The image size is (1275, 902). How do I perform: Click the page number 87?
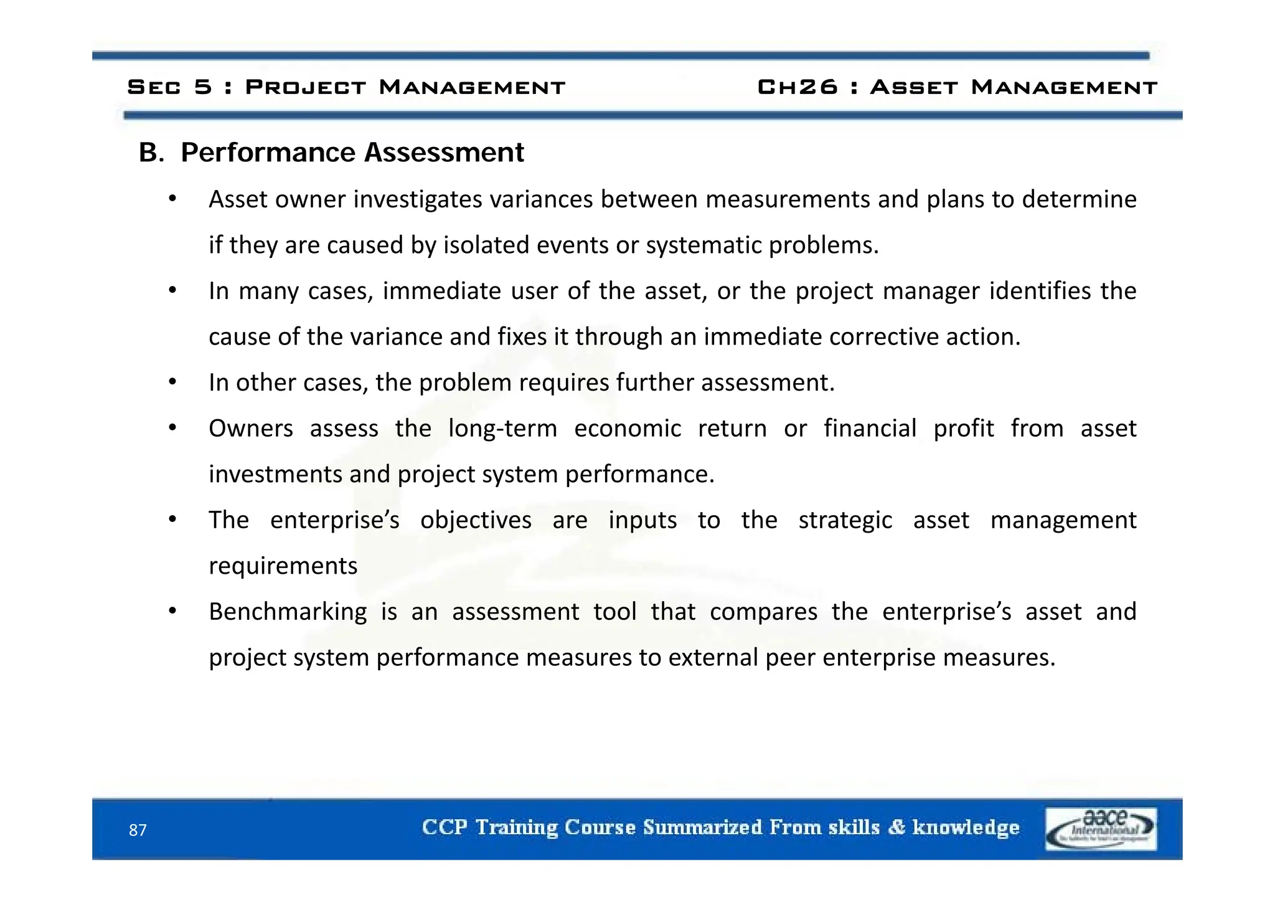pyautogui.click(x=138, y=830)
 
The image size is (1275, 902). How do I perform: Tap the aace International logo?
pyautogui.click(x=1101, y=829)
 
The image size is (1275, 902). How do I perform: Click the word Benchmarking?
pyautogui.click(x=288, y=612)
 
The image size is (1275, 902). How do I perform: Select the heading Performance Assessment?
pyautogui.click(x=352, y=153)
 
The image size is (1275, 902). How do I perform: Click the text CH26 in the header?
pyautogui.click(x=797, y=87)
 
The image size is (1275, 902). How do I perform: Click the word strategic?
pyautogui.click(x=845, y=520)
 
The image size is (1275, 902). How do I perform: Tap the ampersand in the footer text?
pyautogui.click(x=896, y=827)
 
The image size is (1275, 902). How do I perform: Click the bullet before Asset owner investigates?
pyautogui.click(x=173, y=199)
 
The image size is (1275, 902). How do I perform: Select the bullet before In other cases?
pyautogui.click(x=173, y=382)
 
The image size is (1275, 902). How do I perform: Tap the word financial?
pyautogui.click(x=870, y=429)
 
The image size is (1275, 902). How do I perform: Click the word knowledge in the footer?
pyautogui.click(x=966, y=827)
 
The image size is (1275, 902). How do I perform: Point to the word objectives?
pyautogui.click(x=476, y=520)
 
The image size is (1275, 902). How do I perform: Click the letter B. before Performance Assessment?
pyautogui.click(x=151, y=153)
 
